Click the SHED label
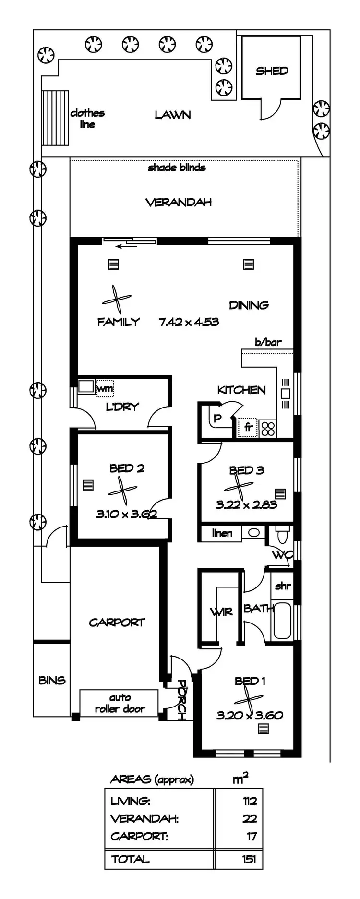coord(272,71)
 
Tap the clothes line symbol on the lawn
coord(55,118)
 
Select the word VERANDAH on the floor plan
coord(179,203)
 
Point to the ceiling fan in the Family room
coord(116,300)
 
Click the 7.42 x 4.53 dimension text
coord(189,322)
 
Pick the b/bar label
coord(268,342)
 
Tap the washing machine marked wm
coord(105,388)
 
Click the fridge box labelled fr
coord(248,427)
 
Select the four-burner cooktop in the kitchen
coord(268,428)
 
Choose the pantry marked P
coord(217,418)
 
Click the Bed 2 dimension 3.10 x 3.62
coord(126,514)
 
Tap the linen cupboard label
coord(222,533)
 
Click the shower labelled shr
coord(283,586)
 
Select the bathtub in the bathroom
coord(282,621)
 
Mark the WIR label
coord(221,612)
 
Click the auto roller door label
coord(120,704)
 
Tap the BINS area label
coord(52,680)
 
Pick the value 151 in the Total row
coord(249,859)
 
